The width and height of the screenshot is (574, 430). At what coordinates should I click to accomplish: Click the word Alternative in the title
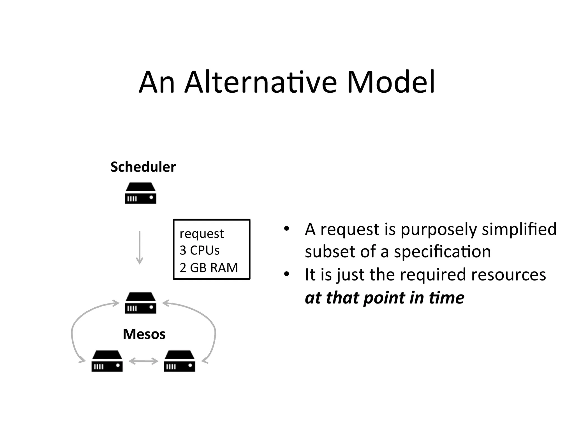261,82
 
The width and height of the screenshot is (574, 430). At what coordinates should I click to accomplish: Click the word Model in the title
391,82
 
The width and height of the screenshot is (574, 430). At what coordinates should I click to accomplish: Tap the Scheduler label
143,167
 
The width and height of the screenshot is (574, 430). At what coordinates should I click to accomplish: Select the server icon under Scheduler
140,193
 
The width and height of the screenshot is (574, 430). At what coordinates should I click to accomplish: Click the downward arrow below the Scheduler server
139,247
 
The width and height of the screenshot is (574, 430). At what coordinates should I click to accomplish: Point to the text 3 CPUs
199,250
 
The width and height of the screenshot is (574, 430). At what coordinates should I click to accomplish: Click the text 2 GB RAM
209,268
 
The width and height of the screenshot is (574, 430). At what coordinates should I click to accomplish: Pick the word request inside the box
202,233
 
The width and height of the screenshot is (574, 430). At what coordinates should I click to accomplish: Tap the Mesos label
144,334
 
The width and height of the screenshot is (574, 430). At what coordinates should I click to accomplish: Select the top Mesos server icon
140,303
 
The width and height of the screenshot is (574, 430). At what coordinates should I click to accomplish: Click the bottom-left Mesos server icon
107,361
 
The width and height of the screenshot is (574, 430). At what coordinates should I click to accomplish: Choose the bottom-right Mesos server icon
179,361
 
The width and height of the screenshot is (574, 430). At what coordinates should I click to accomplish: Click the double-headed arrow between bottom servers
143,361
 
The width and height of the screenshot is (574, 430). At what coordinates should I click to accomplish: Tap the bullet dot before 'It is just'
286,274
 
